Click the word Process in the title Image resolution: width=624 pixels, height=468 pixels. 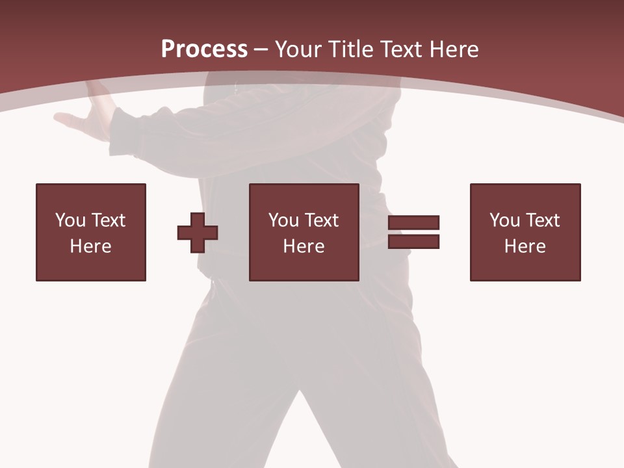coord(204,49)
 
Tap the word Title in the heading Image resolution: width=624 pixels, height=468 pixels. coord(352,49)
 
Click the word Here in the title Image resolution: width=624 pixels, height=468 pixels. coord(455,49)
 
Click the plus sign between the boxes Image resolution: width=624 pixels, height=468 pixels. coord(198,233)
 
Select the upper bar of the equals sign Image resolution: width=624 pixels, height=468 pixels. coord(413,222)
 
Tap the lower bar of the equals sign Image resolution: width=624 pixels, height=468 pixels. coord(413,242)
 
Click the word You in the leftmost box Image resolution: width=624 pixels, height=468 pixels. coord(70,220)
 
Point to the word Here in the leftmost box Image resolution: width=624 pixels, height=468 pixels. coord(90,246)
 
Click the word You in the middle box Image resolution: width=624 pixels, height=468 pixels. coord(283,220)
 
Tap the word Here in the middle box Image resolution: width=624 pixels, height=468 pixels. coord(304,246)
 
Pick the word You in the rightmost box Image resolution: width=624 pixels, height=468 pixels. coord(504,220)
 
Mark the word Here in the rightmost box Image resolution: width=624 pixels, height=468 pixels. coord(525,246)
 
